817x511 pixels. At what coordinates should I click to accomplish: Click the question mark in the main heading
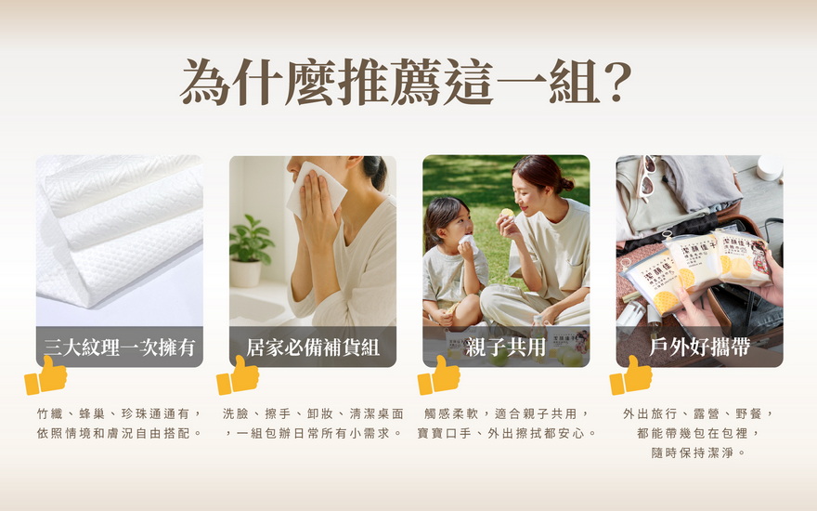616,82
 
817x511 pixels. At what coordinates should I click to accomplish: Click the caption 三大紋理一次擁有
120,347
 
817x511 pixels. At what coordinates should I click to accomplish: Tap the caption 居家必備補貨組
313,347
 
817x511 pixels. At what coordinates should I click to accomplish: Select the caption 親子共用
505,347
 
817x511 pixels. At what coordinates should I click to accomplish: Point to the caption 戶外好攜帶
699,347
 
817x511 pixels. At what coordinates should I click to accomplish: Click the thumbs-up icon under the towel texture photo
45,375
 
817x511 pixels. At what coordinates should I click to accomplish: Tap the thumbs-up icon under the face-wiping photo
238,375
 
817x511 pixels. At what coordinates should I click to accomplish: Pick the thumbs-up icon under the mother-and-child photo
439,375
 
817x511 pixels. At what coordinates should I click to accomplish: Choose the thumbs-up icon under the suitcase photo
631,375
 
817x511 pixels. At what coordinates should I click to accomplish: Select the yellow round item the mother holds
507,213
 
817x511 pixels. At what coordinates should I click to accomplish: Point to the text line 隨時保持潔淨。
699,452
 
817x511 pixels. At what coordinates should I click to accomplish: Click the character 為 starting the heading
205,82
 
